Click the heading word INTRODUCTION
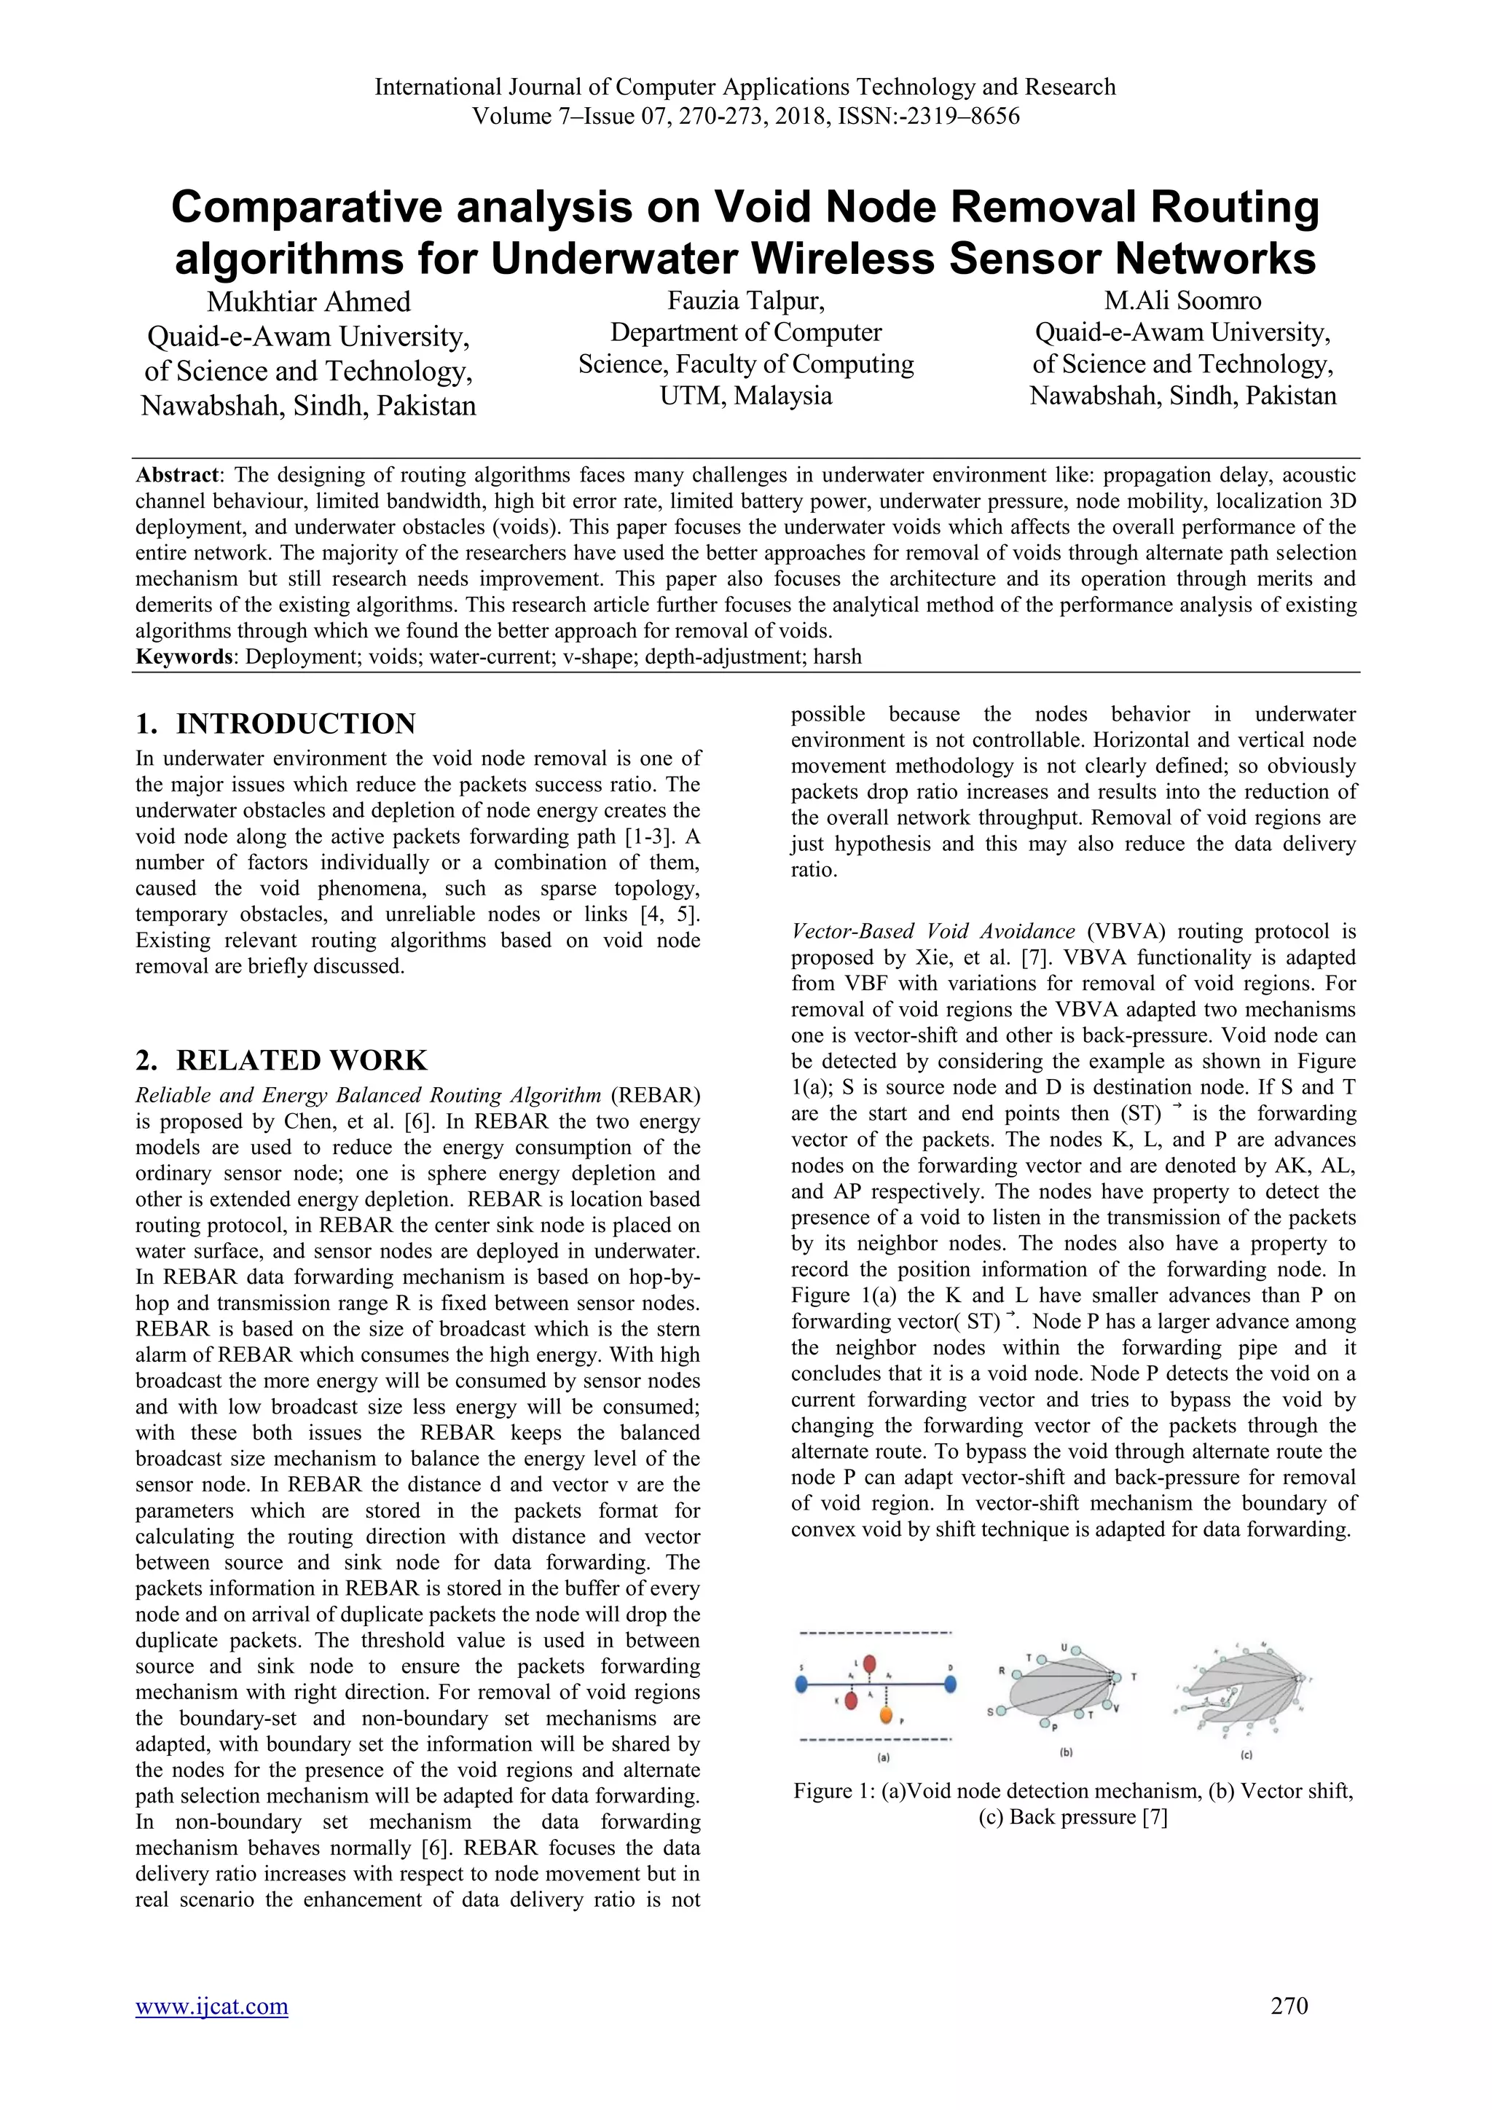[x=296, y=724]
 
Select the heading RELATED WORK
[x=302, y=1061]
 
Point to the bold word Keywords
[x=182, y=657]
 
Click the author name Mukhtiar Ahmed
[x=309, y=302]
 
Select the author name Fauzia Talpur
[x=745, y=300]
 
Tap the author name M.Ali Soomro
[x=1182, y=300]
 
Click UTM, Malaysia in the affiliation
[x=745, y=396]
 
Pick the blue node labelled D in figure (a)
[x=951, y=1685]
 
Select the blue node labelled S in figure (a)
[x=802, y=1685]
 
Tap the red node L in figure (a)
[x=870, y=1664]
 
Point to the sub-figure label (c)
[x=1246, y=1756]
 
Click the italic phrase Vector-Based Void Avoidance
[x=932, y=932]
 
